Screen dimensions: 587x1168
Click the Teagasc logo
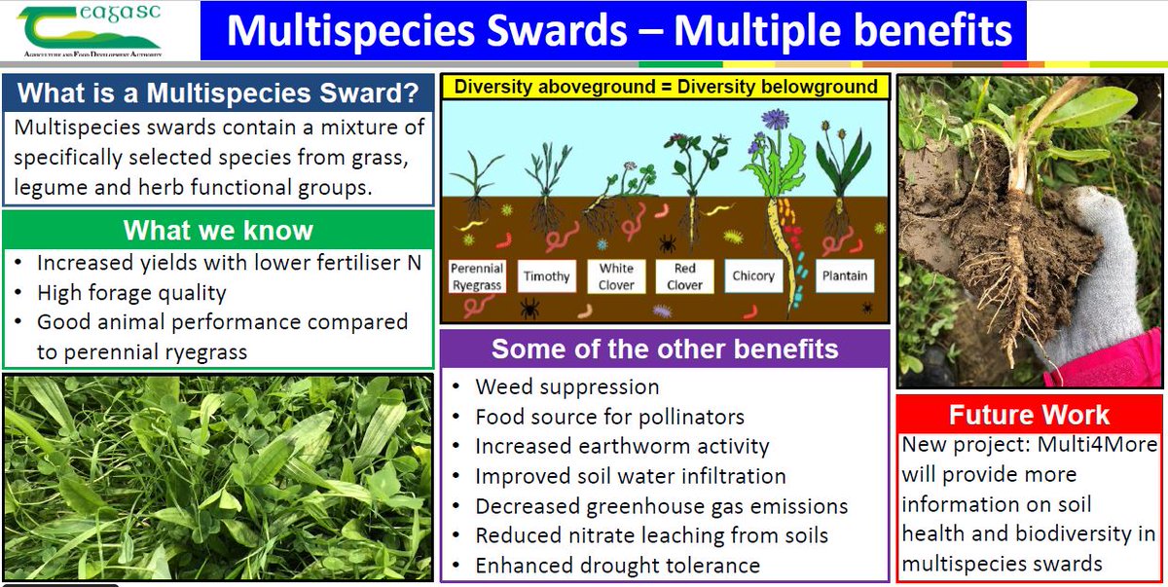92,30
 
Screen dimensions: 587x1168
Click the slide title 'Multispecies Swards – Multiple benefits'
619,30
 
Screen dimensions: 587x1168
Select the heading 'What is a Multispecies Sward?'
219,93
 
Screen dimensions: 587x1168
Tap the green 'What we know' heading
218,230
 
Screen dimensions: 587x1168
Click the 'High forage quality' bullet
131,292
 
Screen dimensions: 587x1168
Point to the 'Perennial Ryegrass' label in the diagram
476,277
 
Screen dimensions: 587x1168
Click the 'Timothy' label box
546,276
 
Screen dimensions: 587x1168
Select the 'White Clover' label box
616,276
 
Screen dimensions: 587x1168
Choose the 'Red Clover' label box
684,276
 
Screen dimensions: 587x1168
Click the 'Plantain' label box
844,276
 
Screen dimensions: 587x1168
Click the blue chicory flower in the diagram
775,120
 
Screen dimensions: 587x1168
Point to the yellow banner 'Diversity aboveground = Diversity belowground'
666,87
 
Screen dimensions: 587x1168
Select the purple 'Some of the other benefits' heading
665,349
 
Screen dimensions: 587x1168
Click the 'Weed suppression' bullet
566,386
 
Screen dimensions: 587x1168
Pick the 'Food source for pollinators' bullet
609,417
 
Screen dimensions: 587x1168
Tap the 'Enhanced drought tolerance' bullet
617,565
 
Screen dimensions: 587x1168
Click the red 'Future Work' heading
1029,415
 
